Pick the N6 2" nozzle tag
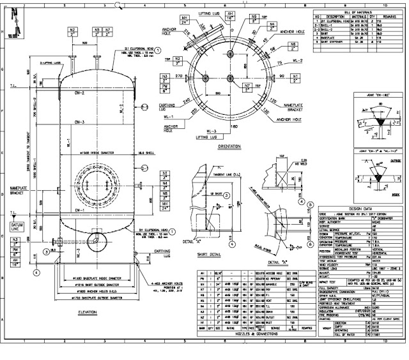click(x=293, y=47)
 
